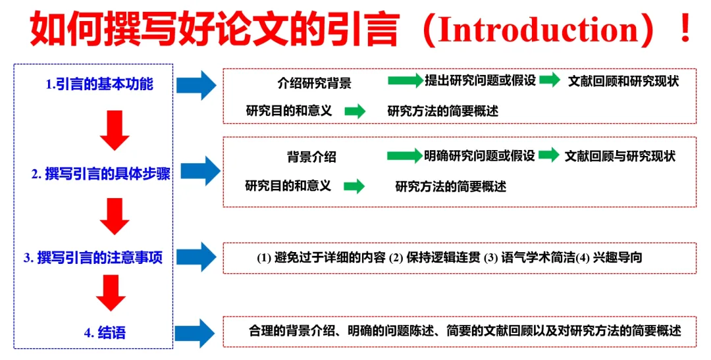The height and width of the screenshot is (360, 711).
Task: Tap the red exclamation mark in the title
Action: [x=685, y=30]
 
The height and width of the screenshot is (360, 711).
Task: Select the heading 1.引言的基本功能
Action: [x=99, y=84]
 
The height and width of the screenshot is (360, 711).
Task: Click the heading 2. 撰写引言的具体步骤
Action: [x=100, y=174]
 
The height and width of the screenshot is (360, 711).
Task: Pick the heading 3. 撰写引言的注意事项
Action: [x=93, y=258]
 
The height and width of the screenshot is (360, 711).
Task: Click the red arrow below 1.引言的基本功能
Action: [x=114, y=130]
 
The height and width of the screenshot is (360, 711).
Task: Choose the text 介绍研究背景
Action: [x=314, y=84]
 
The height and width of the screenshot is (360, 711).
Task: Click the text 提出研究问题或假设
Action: [x=481, y=81]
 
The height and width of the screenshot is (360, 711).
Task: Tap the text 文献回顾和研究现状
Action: [x=623, y=82]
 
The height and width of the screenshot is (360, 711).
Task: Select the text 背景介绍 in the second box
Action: [x=311, y=157]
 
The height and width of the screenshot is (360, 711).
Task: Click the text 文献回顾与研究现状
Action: [x=619, y=156]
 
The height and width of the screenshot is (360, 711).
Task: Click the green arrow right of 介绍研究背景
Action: [x=404, y=81]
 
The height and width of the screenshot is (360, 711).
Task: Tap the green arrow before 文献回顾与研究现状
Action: [x=549, y=156]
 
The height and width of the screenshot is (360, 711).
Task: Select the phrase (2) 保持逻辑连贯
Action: [x=434, y=257]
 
